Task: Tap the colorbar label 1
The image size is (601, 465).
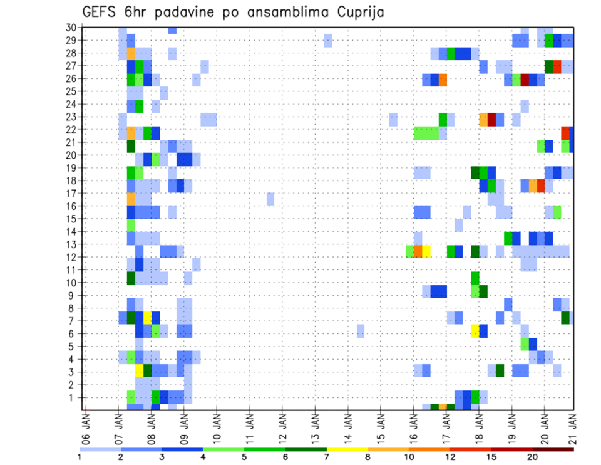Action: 80,457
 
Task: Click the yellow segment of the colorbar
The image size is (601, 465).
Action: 347,449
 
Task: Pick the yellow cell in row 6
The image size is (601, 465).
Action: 475,330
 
